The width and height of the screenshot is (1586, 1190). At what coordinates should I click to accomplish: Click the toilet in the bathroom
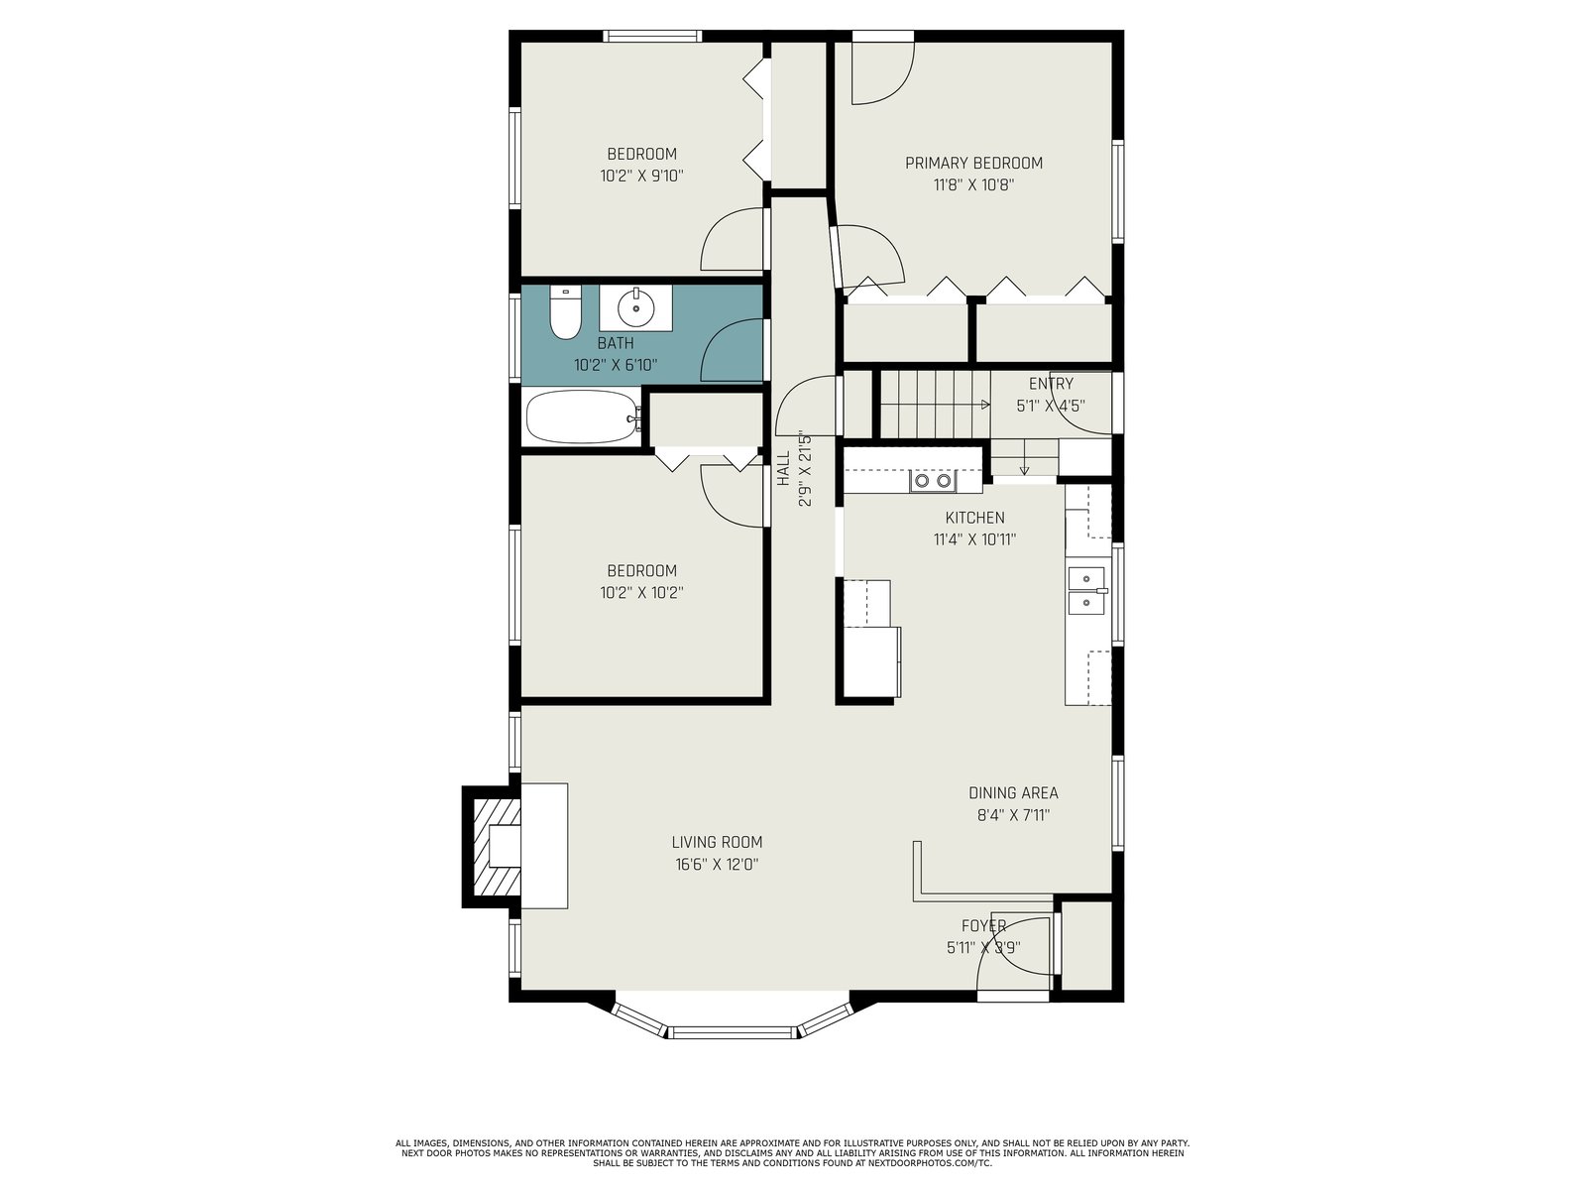click(x=565, y=312)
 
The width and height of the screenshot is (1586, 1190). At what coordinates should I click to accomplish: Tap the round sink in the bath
click(x=635, y=307)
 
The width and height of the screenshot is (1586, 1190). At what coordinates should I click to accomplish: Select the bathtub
click(x=583, y=416)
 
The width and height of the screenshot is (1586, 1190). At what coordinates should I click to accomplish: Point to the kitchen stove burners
click(x=933, y=481)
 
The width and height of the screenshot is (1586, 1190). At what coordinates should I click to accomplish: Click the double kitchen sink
click(x=1086, y=590)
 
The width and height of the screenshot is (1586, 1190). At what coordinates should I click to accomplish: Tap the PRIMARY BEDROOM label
click(x=973, y=164)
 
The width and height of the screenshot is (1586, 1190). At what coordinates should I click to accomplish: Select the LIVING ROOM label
click(x=717, y=842)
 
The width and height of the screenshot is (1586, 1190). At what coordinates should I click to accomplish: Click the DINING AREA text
click(x=1013, y=792)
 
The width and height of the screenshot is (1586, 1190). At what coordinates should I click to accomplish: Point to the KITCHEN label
click(x=974, y=518)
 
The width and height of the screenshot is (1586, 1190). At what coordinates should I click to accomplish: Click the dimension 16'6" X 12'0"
click(x=717, y=864)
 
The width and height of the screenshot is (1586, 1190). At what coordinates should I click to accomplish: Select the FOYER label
click(x=983, y=925)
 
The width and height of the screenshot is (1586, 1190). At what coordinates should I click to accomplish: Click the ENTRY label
click(x=1051, y=384)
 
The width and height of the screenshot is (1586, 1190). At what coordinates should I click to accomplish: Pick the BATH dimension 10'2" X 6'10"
click(x=616, y=365)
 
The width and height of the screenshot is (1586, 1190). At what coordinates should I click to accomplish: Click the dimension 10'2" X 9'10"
click(x=641, y=176)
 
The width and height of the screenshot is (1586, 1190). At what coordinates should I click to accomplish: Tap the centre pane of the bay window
click(x=732, y=1031)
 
